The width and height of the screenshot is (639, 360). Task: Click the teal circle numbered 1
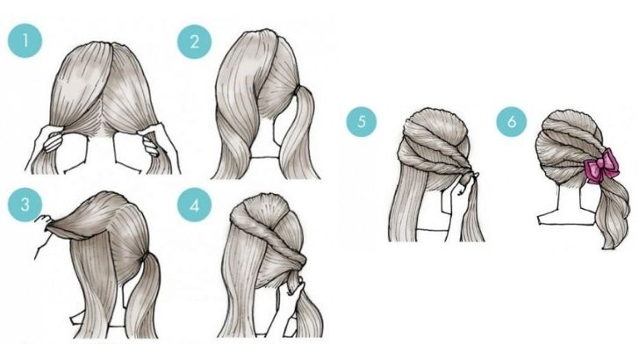pyautogui.click(x=25, y=40)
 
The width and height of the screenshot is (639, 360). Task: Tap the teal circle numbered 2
pyautogui.click(x=194, y=41)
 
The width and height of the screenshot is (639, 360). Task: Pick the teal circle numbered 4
pyautogui.click(x=194, y=205)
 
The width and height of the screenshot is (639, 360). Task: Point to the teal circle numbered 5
pyautogui.click(x=362, y=121)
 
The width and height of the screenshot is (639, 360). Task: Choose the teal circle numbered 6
pyautogui.click(x=512, y=121)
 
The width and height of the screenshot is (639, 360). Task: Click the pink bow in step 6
pyautogui.click(x=602, y=165)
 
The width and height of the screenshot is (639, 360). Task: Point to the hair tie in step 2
pyautogui.click(x=298, y=90)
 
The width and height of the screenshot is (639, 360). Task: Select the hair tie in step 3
pyautogui.click(x=142, y=257)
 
